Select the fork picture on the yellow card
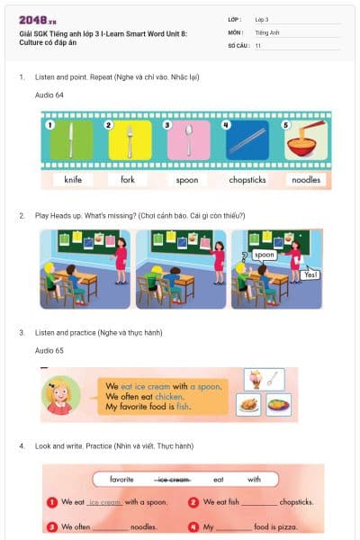pos(130,140)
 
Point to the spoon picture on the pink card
pos(188,140)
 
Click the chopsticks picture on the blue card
pos(247,140)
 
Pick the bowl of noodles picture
pos(305,140)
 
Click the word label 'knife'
pos(73,180)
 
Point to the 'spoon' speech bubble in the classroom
pos(264,255)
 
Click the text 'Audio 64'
pos(49,94)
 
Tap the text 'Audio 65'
pos(49,349)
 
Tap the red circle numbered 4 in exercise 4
pos(193,526)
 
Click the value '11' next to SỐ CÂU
pos(258,44)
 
